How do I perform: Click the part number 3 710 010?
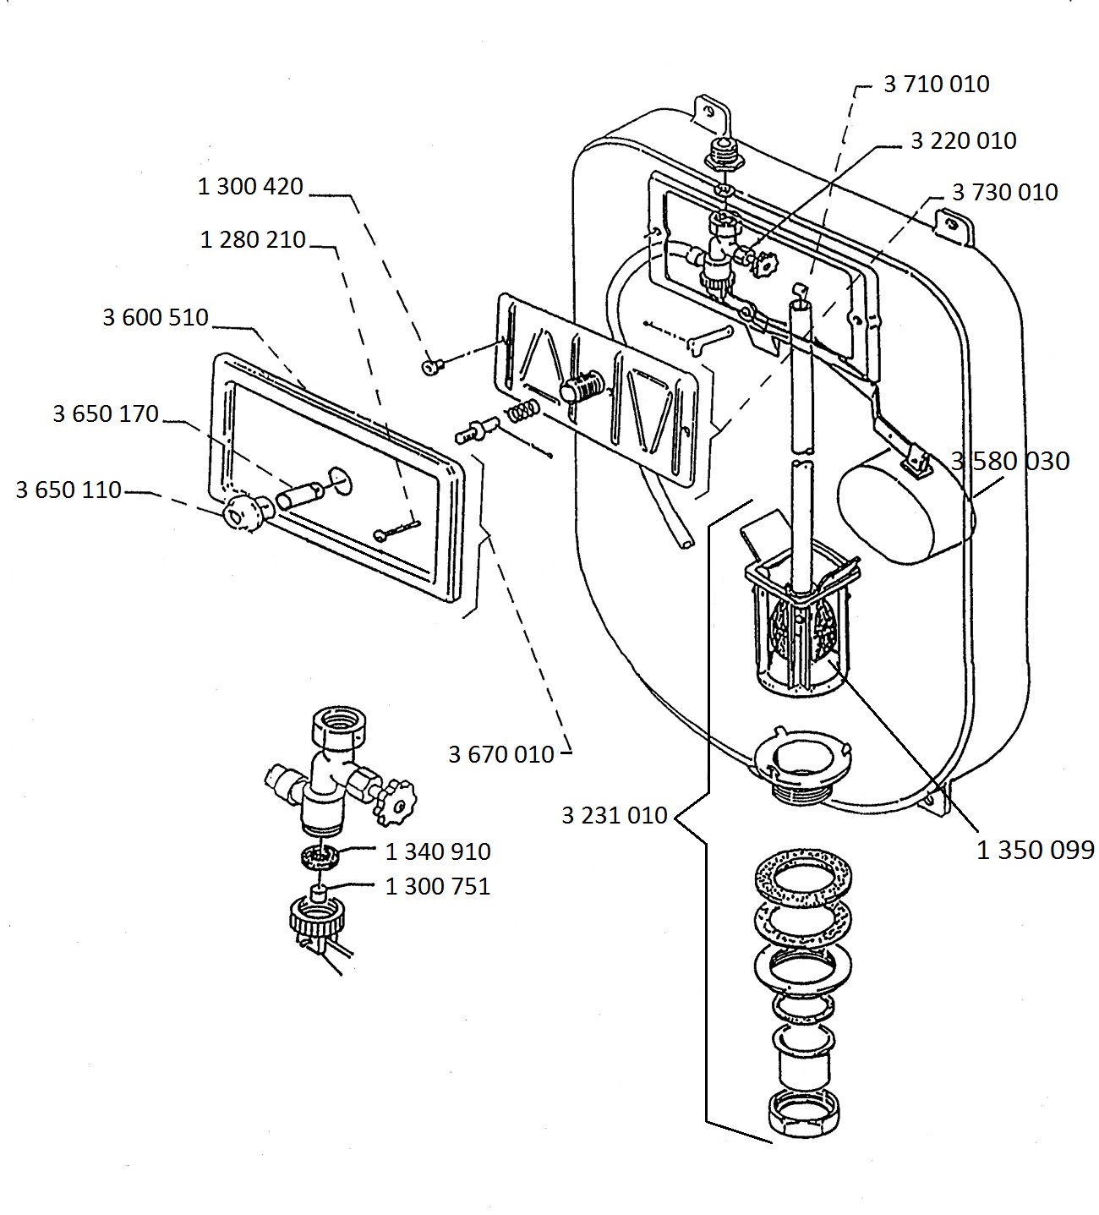(x=936, y=85)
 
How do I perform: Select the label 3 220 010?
(x=963, y=140)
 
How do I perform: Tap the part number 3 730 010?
(x=1004, y=193)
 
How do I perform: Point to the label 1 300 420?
(x=250, y=187)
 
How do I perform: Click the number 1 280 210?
(x=253, y=240)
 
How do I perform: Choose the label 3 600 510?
(x=156, y=317)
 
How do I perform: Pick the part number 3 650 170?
(x=106, y=413)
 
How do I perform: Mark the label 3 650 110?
(x=68, y=490)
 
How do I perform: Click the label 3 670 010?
(x=501, y=755)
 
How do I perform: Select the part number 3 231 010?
(x=615, y=816)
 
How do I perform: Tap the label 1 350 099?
(x=1036, y=851)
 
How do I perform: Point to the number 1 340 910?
(x=437, y=851)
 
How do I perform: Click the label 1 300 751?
(x=437, y=886)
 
